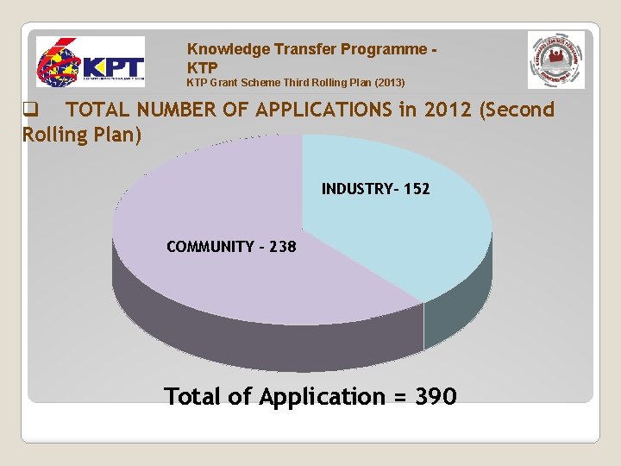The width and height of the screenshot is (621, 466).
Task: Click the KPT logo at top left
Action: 90,62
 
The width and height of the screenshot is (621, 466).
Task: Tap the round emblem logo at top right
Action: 555,60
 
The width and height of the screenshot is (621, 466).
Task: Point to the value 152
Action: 415,188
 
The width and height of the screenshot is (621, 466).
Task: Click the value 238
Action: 282,247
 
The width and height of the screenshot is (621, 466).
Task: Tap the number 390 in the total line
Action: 435,397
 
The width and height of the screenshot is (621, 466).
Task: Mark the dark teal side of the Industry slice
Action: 457,311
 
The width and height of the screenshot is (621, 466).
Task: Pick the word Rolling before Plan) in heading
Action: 55,135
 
